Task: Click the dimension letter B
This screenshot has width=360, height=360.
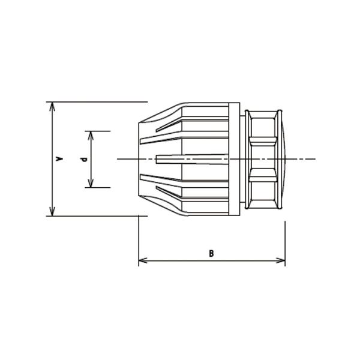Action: click(x=211, y=253)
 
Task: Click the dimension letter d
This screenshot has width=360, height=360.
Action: click(x=85, y=160)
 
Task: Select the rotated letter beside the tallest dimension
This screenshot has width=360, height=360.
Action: click(x=60, y=158)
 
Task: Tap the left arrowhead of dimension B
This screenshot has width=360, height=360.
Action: click(x=143, y=260)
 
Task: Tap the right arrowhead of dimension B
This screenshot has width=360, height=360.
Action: click(x=281, y=260)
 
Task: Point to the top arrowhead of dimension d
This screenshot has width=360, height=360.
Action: click(x=91, y=136)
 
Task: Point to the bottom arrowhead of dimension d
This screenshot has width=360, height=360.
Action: click(x=91, y=183)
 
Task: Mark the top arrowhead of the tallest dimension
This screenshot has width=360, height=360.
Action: click(x=52, y=107)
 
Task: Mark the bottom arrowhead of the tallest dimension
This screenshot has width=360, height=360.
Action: click(x=52, y=211)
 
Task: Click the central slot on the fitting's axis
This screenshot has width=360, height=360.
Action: click(x=193, y=159)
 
